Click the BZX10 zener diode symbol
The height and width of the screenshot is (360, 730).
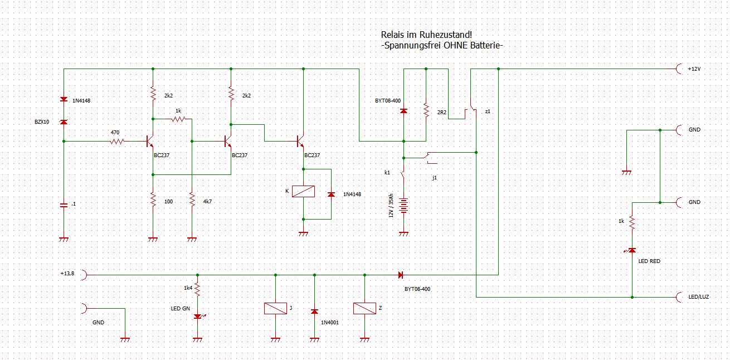(64, 122)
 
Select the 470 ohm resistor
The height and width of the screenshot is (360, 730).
(117, 142)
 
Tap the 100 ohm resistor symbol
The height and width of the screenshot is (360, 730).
(153, 199)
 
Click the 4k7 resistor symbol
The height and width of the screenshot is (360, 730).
(192, 199)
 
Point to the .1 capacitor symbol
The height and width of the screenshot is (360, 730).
(64, 205)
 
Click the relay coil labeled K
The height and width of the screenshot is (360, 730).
(303, 191)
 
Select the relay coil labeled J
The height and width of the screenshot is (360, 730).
(275, 308)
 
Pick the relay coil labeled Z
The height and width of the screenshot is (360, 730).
(364, 308)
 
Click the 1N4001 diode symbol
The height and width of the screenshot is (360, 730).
(314, 312)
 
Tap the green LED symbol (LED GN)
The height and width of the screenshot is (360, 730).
(197, 317)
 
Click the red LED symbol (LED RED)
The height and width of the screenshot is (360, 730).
(632, 251)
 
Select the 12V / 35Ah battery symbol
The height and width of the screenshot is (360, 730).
(404, 205)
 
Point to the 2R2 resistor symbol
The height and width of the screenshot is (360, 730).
(426, 110)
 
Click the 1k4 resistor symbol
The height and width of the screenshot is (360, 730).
(197, 289)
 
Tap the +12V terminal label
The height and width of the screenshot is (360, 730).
(694, 69)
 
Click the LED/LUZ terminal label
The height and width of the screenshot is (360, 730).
(699, 297)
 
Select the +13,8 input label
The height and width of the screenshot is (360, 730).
(67, 274)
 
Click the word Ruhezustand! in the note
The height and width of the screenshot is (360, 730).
(445, 35)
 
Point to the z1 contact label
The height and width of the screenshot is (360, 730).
(488, 111)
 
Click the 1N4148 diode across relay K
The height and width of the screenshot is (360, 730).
(331, 194)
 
